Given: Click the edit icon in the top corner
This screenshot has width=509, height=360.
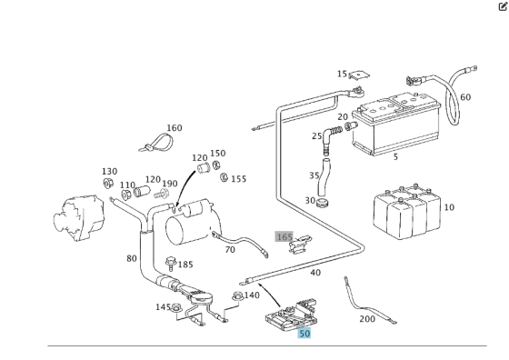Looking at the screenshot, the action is click(503, 6).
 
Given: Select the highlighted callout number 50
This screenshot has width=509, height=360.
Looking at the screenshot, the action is click(304, 334).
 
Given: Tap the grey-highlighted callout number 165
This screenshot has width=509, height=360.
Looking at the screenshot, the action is click(284, 236).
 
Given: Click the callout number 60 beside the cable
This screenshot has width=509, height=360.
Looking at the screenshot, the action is click(465, 97).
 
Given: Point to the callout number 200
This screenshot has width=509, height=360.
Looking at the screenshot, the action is click(367, 319).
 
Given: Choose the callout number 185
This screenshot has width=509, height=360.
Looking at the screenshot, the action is click(185, 265).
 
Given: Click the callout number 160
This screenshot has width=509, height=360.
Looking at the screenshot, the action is click(175, 128).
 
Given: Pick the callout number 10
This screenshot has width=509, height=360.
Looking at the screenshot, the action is click(449, 207).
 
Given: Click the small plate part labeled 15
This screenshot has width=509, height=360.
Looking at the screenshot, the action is click(359, 75).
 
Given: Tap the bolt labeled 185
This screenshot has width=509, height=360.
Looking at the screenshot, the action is click(170, 264).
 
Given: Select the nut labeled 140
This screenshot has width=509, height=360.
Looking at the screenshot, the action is click(237, 296).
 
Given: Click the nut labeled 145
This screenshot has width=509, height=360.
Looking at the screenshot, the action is click(176, 307).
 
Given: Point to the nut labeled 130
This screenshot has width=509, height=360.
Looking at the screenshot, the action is click(108, 184).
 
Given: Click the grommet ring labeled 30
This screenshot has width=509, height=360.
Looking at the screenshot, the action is click(322, 204).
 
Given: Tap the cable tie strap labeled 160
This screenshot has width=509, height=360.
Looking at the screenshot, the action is click(156, 143).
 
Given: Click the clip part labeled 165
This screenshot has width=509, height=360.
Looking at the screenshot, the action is click(299, 245).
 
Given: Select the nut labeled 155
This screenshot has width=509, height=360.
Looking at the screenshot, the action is click(224, 177).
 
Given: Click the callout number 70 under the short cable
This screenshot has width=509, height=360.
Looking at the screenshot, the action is click(230, 250).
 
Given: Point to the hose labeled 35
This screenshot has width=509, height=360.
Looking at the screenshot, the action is click(324, 175).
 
